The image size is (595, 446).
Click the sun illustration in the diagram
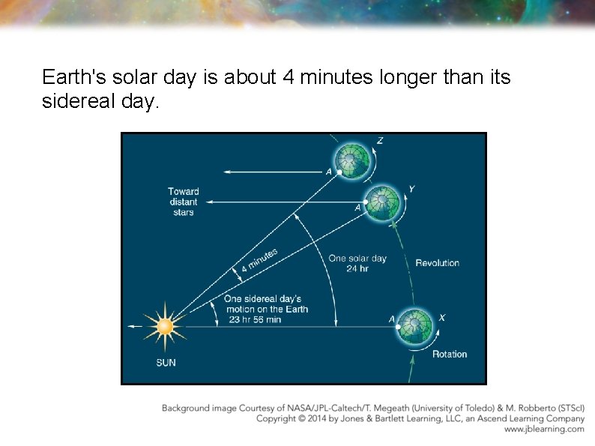(x=164, y=326)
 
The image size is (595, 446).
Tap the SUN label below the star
(x=166, y=363)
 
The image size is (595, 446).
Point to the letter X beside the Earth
(x=441, y=318)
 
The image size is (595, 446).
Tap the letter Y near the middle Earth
(x=411, y=190)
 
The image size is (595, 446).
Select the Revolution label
(x=437, y=263)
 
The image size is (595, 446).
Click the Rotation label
(x=449, y=354)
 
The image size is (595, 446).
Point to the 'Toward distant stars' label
(x=183, y=202)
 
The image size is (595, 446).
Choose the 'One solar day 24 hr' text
(x=357, y=263)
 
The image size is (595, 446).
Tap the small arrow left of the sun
(x=133, y=327)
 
